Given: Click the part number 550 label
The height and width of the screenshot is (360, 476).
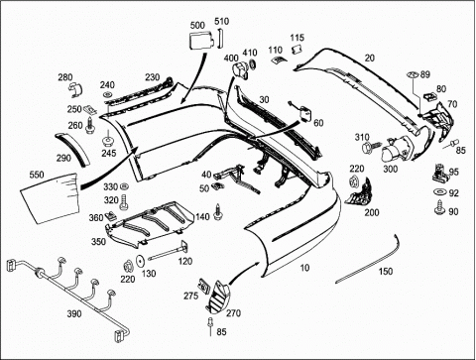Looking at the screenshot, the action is [37, 175].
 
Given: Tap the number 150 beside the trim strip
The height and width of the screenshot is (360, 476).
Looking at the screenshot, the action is [386, 272].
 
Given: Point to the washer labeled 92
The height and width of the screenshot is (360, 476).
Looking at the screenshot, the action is [439, 192].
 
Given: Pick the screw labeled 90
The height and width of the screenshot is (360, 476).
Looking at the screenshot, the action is [439, 207].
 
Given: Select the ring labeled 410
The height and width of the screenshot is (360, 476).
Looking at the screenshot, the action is [253, 64].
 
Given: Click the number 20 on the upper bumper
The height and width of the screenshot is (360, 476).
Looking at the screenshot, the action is [370, 58].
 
